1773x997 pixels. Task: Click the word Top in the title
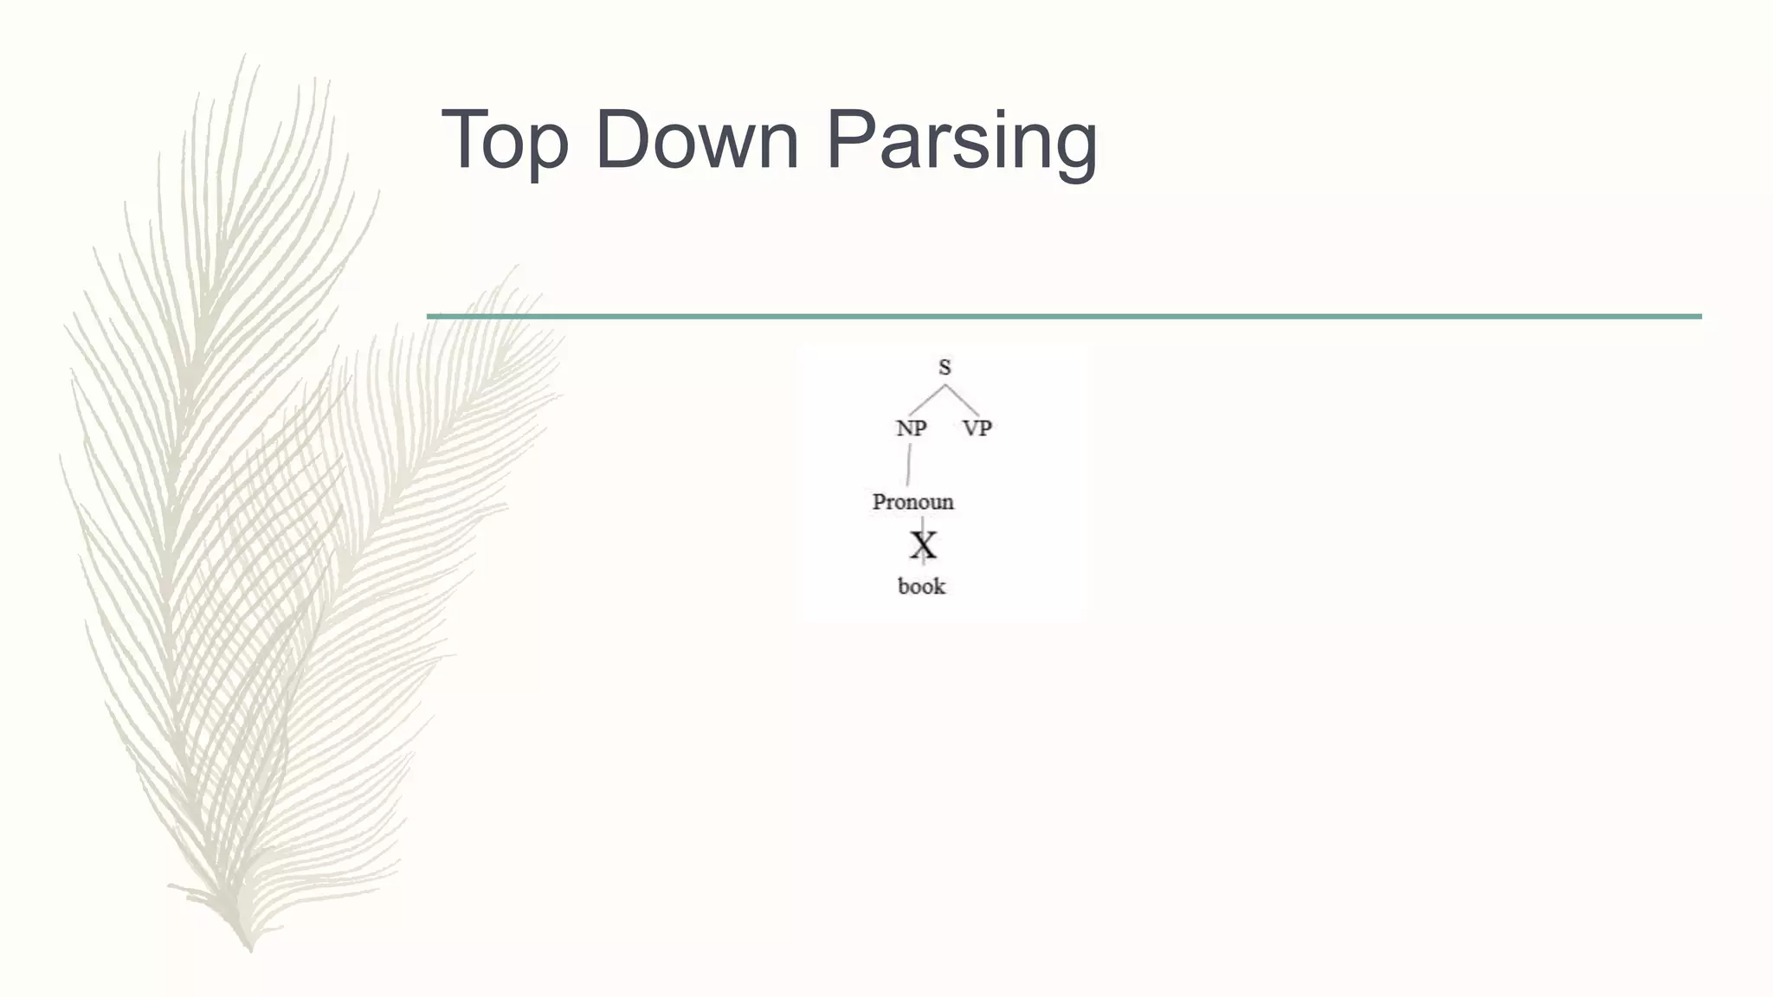pyautogui.click(x=504, y=140)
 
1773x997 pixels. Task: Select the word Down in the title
pyautogui.click(x=696, y=140)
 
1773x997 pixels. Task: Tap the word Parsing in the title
pyautogui.click(x=961, y=140)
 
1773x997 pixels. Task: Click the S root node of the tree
pyautogui.click(x=945, y=367)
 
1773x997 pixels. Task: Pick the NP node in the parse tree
pyautogui.click(x=911, y=428)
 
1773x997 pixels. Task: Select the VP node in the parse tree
pyautogui.click(x=977, y=428)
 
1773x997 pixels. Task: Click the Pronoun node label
pyautogui.click(x=912, y=502)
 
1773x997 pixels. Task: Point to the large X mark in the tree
pyautogui.click(x=923, y=546)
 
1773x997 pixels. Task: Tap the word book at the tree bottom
pyautogui.click(x=921, y=587)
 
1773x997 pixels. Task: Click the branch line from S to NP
pyautogui.click(x=926, y=400)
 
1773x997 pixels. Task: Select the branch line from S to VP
pyautogui.click(x=963, y=400)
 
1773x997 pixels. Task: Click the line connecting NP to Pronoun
pyautogui.click(x=908, y=465)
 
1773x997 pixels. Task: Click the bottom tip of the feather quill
pyautogui.click(x=249, y=949)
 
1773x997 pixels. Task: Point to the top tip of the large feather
pyautogui.click(x=243, y=57)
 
